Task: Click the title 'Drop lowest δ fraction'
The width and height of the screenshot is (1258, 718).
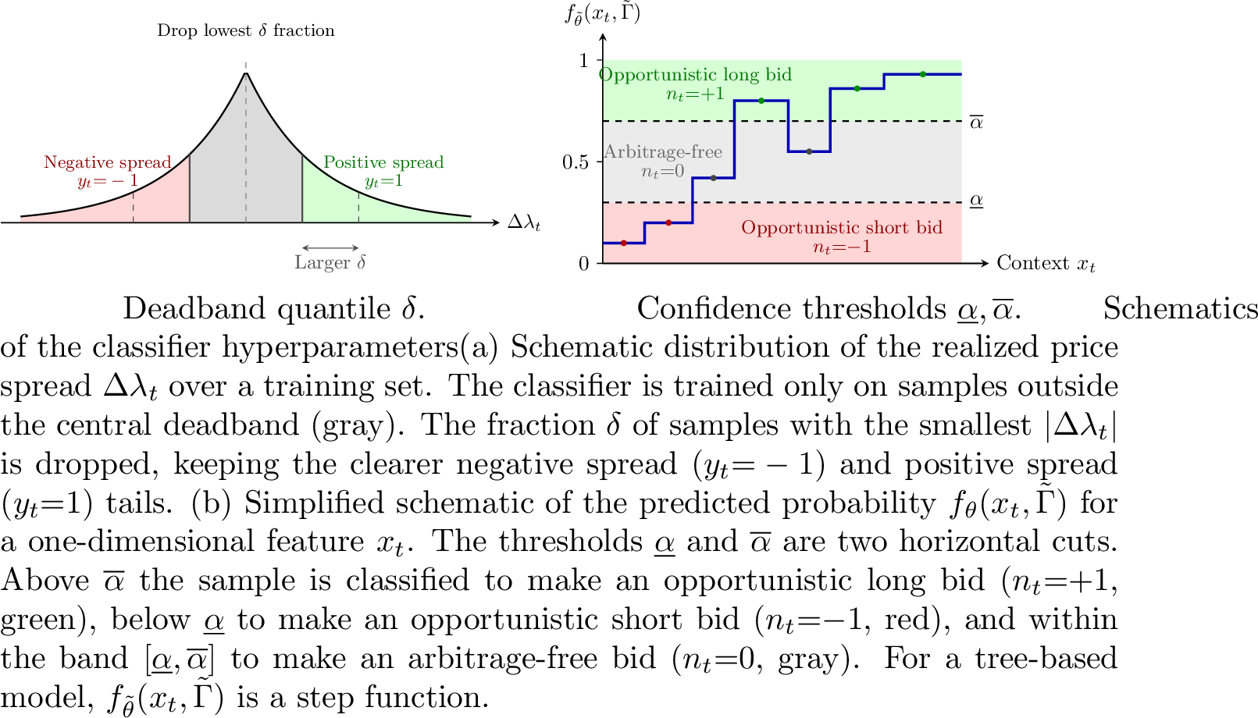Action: click(x=245, y=30)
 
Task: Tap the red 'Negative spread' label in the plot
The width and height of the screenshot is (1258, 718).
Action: click(x=107, y=162)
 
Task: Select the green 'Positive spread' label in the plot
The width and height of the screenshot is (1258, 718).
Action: click(x=383, y=162)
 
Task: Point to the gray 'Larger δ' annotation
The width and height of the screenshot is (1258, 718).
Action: click(x=330, y=262)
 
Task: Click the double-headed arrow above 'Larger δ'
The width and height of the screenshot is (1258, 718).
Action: click(x=330, y=247)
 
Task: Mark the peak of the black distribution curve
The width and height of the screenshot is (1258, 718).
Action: click(x=246, y=73)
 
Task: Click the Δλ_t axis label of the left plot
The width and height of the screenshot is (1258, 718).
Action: click(x=524, y=223)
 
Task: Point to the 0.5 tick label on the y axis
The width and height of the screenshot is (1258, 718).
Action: click(x=576, y=162)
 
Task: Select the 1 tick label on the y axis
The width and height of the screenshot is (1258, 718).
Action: click(x=583, y=60)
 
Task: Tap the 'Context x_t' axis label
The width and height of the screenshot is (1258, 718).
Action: click(x=1046, y=263)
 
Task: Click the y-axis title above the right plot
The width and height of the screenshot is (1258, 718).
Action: click(x=602, y=13)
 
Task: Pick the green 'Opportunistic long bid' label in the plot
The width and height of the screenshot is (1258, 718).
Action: click(x=695, y=75)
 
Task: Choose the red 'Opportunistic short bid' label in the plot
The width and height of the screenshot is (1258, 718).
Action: click(x=842, y=227)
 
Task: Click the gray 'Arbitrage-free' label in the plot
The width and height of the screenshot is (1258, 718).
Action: click(x=663, y=151)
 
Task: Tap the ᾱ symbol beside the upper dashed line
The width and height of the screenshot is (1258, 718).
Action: click(x=977, y=122)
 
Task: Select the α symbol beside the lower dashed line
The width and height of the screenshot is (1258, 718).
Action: click(x=977, y=201)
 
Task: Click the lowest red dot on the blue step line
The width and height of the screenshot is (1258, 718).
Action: click(x=624, y=243)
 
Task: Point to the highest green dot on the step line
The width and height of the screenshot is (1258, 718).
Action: click(x=923, y=74)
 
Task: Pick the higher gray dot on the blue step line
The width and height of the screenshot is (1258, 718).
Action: click(x=809, y=151)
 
